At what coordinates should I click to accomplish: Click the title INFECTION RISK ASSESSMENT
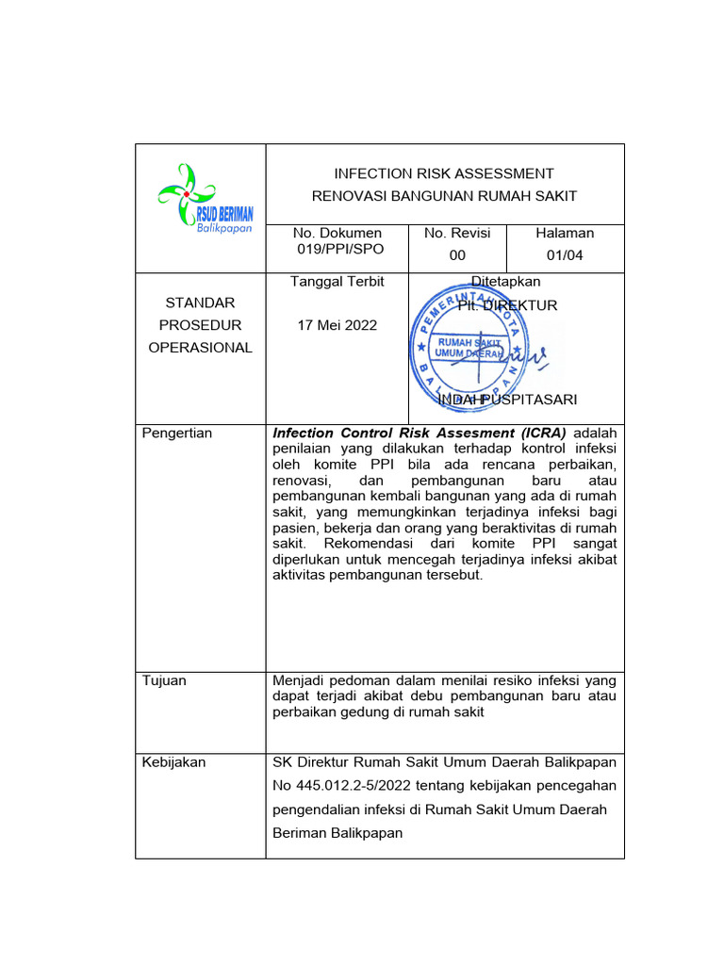point(444,173)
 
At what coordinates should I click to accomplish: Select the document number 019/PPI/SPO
point(337,249)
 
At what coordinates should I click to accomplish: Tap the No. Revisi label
point(457,233)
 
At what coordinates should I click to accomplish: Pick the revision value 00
point(457,254)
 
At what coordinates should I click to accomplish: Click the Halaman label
point(565,233)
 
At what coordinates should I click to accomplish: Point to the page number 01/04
point(565,254)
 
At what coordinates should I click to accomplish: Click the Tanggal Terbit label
point(337,281)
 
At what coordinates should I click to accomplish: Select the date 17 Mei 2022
point(337,325)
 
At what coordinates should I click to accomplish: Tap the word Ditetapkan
point(506,281)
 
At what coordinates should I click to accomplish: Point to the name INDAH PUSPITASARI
point(508,400)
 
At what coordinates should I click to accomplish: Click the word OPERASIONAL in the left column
point(201,347)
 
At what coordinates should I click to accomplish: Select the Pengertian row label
point(176,433)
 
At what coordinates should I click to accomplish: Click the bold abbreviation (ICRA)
point(535,433)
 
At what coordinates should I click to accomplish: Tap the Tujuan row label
point(164,680)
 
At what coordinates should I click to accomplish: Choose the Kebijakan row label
point(173,761)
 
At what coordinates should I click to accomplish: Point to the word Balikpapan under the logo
point(223,229)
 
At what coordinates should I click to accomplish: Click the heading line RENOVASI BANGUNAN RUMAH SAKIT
point(444,196)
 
